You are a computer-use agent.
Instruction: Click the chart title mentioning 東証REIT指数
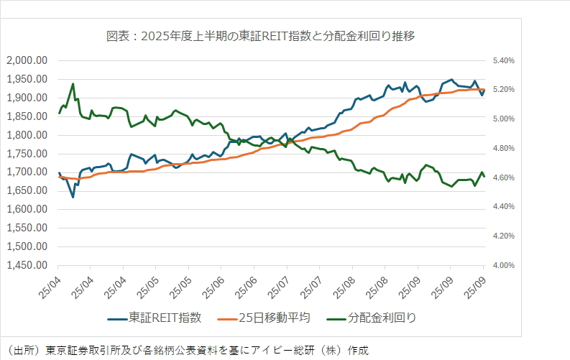pos(260,34)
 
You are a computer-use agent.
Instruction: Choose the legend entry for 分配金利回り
pos(381,317)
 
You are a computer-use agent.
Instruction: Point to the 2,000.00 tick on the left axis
pos(27,60)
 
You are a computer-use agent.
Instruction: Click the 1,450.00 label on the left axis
pos(27,265)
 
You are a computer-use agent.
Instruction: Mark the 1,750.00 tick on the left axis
pos(27,154)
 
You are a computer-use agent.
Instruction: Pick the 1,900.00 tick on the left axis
pos(27,98)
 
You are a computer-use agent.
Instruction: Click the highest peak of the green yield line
pos(73,83)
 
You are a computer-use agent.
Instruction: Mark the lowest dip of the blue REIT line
pos(73,197)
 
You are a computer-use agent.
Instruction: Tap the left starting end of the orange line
pos(60,176)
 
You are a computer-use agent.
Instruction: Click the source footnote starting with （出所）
pos(185,350)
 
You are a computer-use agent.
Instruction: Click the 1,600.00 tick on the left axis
pos(27,209)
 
